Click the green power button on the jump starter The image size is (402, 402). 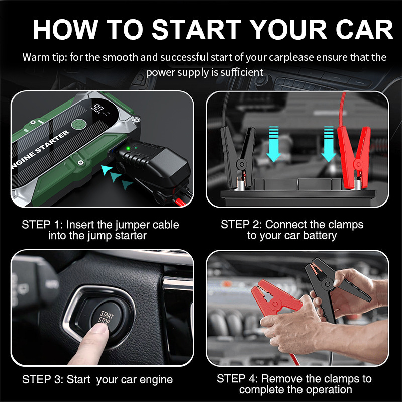(78, 124)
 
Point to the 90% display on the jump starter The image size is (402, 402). (97, 108)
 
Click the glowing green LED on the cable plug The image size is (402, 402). (128, 148)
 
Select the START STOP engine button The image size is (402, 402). (107, 318)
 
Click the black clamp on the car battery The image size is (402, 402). (237, 157)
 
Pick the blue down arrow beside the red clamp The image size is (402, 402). (329, 144)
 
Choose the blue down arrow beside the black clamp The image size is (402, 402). (273, 144)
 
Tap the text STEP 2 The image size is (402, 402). (241, 224)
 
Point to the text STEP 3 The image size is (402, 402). (43, 380)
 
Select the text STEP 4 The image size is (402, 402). (237, 379)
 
